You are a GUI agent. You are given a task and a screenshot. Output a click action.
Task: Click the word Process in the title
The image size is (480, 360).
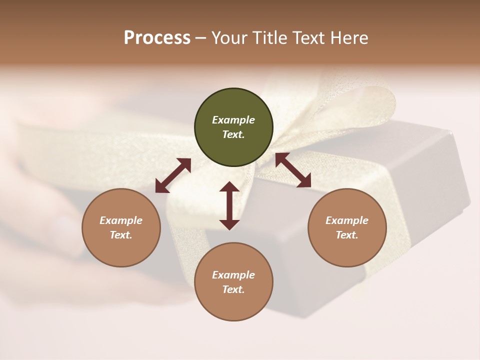click(157, 38)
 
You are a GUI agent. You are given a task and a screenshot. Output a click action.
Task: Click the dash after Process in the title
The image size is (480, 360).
click(200, 39)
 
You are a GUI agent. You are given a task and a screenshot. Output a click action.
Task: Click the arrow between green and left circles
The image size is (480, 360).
click(173, 175)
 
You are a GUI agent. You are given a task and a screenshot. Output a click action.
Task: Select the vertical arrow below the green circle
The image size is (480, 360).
click(229, 205)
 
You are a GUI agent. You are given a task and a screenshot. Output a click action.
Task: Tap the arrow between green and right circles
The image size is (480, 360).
click(293, 170)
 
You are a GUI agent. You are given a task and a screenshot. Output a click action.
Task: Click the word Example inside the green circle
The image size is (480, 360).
click(233, 120)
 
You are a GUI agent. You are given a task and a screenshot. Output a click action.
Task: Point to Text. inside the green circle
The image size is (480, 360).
click(233, 134)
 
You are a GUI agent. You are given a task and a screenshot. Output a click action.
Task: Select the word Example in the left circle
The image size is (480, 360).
click(121, 220)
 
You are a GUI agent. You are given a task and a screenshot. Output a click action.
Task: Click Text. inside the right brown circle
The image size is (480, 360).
click(347, 235)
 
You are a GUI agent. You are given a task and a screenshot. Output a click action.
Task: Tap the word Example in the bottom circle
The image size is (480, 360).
click(233, 275)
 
